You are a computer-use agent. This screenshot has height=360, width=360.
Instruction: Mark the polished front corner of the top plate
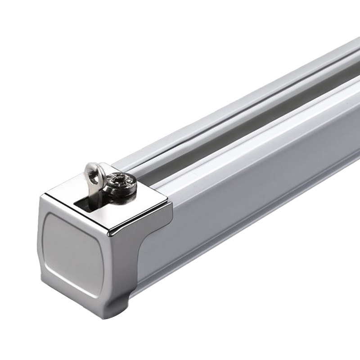[111, 232]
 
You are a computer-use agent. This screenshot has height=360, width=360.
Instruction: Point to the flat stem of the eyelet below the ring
[92, 193]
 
